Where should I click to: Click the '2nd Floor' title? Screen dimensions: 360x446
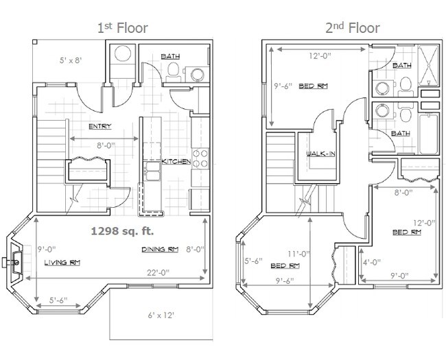coord(353,27)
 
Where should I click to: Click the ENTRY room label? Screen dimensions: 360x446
coord(100,126)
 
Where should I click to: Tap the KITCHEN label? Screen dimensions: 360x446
coord(176,161)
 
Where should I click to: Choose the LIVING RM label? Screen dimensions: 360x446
coord(60,263)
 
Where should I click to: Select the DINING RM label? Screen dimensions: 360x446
coord(160,249)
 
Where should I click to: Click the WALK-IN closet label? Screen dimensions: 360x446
coord(320,154)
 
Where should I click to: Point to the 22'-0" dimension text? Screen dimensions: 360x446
coord(154,272)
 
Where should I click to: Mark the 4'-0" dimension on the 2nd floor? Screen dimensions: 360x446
coord(371,262)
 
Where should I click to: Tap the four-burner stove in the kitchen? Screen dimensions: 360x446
coord(200,159)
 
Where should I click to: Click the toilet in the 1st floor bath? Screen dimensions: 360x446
coord(173,69)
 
